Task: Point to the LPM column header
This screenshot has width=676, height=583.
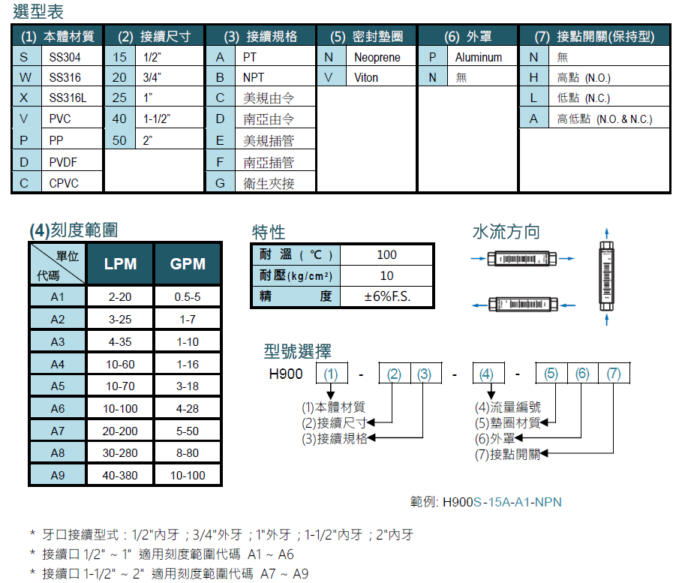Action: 120,263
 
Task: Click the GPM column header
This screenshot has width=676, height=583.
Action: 187,263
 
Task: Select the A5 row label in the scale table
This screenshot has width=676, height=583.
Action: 58,386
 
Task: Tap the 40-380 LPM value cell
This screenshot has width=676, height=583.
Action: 120,475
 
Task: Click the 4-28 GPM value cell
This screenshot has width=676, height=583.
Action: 187,408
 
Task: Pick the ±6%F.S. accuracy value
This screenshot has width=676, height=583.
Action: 387,296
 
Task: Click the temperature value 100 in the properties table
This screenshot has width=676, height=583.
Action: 387,255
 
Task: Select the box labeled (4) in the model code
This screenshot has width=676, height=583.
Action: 486,374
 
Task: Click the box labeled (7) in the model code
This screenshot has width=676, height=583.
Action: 614,374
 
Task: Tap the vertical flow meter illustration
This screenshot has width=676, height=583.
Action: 606,275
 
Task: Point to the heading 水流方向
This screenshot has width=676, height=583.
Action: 505,232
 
